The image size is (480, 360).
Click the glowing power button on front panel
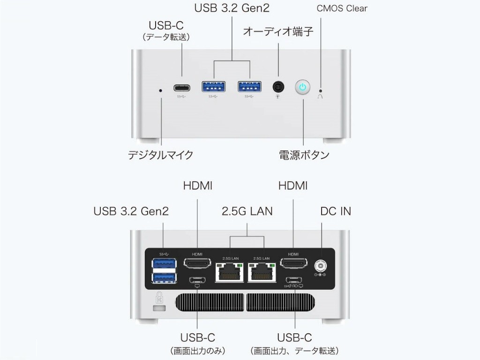point(303,87)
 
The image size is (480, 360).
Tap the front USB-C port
point(182,87)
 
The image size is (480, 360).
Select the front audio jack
point(278,87)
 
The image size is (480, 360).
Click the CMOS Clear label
point(342,8)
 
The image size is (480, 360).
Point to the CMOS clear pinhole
point(321,90)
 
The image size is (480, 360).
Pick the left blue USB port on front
point(213,87)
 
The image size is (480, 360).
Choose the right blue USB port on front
point(249,87)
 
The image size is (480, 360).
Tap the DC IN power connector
point(321,266)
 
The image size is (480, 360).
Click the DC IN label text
point(335,211)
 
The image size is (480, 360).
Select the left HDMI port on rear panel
point(197,264)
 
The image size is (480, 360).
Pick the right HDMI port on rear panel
point(293,264)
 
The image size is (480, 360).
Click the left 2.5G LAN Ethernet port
point(230,272)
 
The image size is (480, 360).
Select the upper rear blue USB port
point(164,264)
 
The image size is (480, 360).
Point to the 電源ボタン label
point(304,155)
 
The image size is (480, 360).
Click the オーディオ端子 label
point(278,32)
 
